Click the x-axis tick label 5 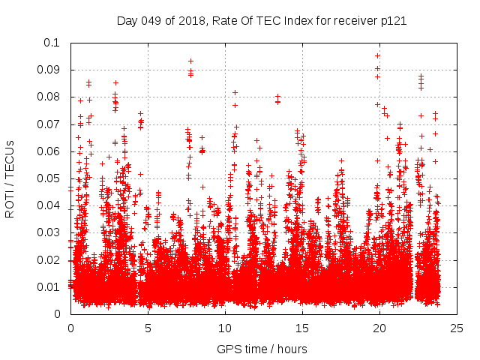(148, 328)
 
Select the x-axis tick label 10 (225, 328)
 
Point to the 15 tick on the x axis (302, 328)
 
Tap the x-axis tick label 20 (379, 328)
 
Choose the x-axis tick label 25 (457, 328)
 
